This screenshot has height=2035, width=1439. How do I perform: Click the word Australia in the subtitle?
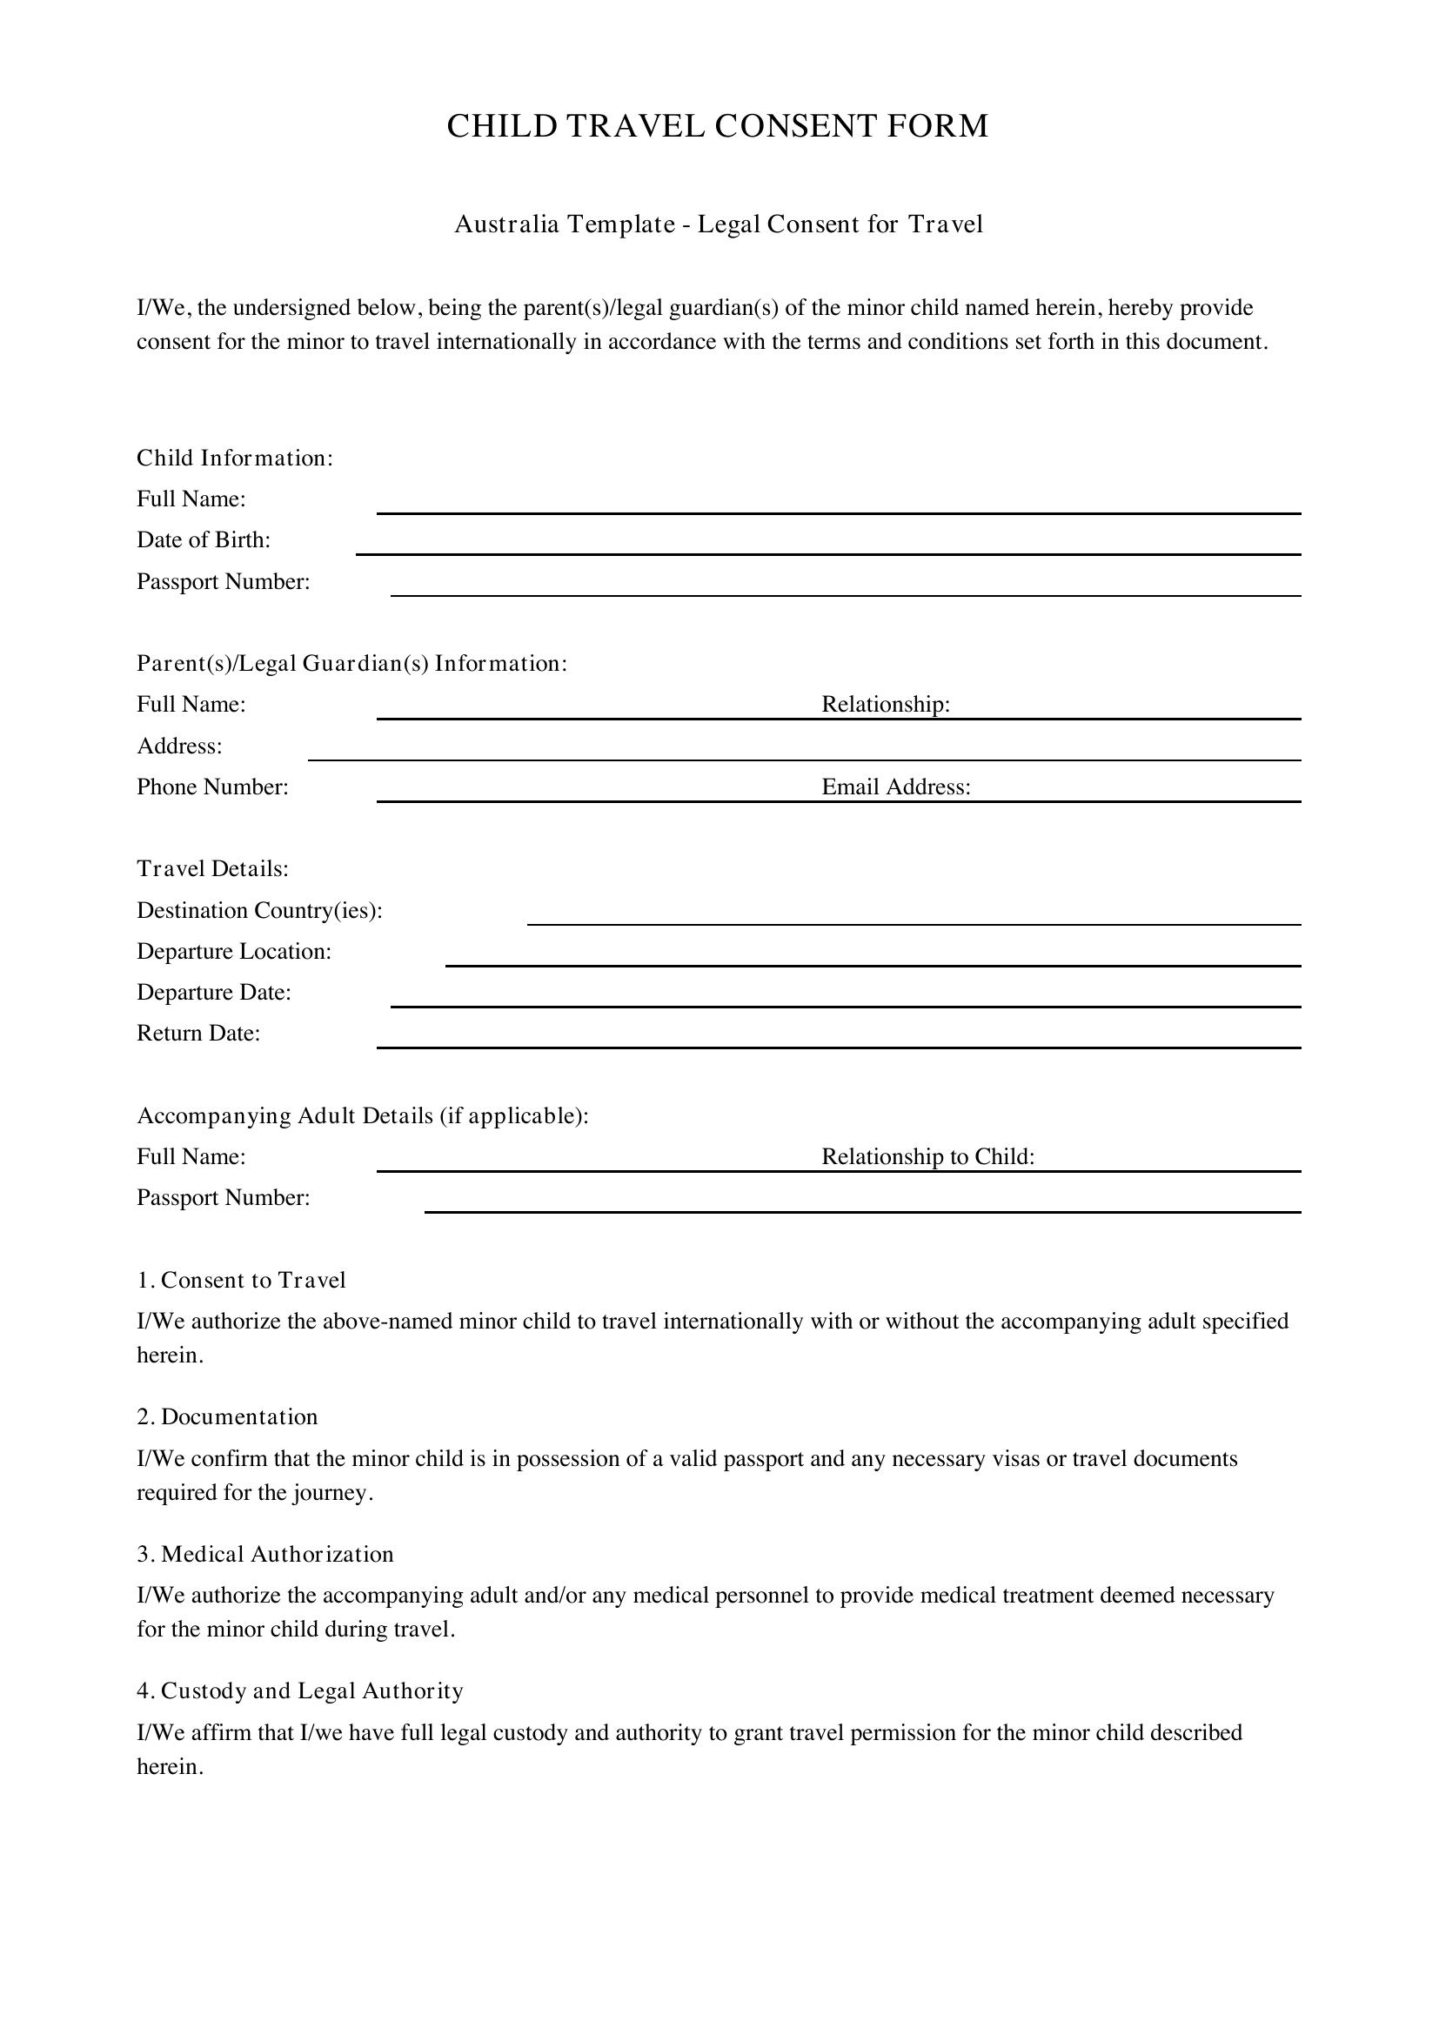(506, 225)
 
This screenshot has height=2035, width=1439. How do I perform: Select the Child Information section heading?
(235, 459)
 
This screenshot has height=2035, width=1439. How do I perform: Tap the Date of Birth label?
(204, 539)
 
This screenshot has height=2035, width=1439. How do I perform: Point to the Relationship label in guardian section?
(885, 705)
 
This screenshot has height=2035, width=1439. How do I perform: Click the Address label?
(180, 746)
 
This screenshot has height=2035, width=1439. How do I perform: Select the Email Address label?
(896, 787)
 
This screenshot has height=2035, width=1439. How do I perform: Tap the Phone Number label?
(212, 787)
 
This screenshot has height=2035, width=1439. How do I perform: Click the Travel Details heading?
(212, 868)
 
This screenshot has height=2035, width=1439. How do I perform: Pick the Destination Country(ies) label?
(259, 911)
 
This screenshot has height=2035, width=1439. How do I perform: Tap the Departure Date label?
(213, 993)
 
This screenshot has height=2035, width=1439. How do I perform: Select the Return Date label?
(198, 1034)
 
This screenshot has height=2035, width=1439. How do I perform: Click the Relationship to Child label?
(927, 1156)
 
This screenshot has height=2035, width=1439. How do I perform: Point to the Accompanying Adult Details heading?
(363, 1116)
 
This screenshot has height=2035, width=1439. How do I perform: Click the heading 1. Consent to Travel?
(241, 1280)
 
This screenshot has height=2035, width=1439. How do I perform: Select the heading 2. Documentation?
(227, 1417)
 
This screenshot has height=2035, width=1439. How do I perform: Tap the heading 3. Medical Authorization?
(265, 1554)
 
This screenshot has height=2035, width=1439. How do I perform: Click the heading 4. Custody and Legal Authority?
(299, 1691)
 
